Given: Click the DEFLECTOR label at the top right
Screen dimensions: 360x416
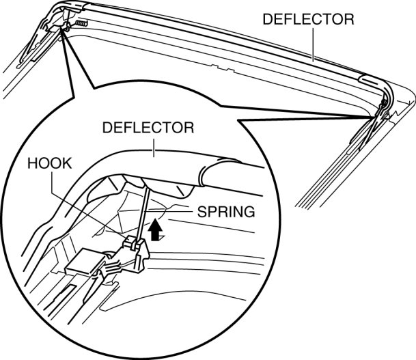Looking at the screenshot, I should point(308,20).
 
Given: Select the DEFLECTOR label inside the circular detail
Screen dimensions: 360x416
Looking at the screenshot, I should point(148,128).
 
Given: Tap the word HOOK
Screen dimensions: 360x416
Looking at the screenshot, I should point(49,164).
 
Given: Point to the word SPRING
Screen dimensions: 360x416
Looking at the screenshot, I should point(225,212).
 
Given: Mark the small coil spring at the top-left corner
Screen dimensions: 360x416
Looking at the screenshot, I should point(81,24).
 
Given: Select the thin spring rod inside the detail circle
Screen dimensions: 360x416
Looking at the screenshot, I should point(143,205).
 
